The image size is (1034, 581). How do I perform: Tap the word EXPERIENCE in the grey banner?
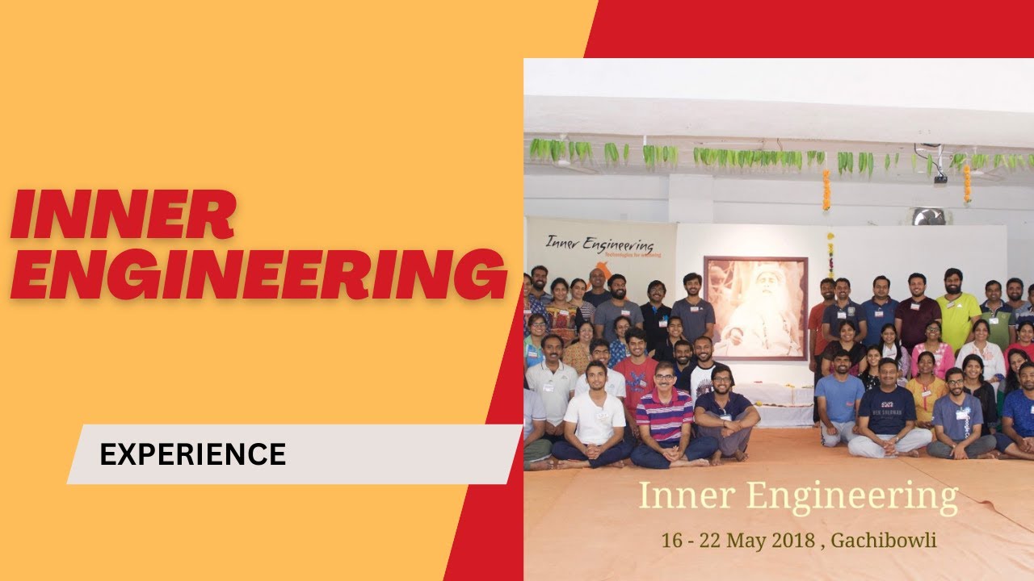192,455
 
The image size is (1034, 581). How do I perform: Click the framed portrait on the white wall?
755,307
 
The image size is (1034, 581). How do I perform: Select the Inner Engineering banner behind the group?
602,247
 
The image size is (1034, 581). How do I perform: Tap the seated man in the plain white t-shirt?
594,416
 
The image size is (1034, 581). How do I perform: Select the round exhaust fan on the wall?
930,216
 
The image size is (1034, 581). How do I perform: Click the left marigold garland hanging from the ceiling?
826,190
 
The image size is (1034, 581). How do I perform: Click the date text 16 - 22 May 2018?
738,540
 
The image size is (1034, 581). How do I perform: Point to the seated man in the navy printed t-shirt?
886,412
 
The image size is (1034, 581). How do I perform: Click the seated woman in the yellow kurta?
926,387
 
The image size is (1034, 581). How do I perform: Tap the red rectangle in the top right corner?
808,28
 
